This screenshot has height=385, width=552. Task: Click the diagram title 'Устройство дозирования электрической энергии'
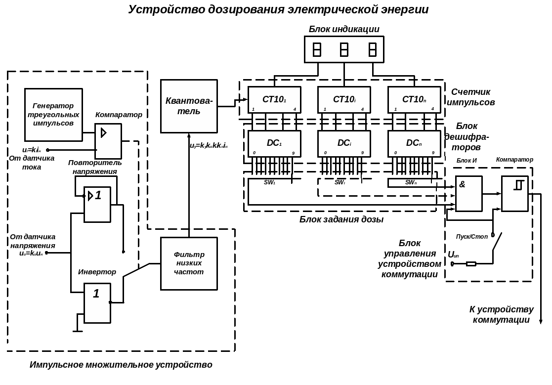pyautogui.click(x=278, y=9)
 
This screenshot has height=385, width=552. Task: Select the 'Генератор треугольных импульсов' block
pyautogui.click(x=53, y=115)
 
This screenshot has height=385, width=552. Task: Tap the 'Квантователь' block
pyautogui.click(x=189, y=106)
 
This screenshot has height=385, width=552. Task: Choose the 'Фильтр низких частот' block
pyautogui.click(x=189, y=263)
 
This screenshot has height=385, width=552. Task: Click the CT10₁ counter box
pyautogui.click(x=274, y=100)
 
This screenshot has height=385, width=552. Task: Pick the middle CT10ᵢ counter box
pyautogui.click(x=344, y=100)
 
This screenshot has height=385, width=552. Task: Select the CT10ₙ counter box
pyautogui.click(x=414, y=100)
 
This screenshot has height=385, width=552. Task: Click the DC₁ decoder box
pyautogui.click(x=274, y=143)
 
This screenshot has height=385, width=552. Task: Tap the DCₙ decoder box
pyautogui.click(x=414, y=143)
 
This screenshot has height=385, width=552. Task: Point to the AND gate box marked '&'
pyautogui.click(x=468, y=194)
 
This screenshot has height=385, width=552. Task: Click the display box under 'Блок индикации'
pyautogui.click(x=344, y=49)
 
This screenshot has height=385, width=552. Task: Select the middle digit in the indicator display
pyautogui.click(x=344, y=49)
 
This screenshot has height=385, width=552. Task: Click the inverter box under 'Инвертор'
pyautogui.click(x=97, y=303)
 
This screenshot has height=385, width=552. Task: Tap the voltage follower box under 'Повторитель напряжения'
pyautogui.click(x=97, y=205)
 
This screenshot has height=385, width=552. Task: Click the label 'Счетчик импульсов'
pyautogui.click(x=470, y=97)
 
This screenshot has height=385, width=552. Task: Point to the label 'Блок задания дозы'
pyautogui.click(x=341, y=219)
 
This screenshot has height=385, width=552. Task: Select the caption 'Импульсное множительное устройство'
pyautogui.click(x=121, y=365)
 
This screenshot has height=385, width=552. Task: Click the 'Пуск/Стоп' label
pyautogui.click(x=471, y=237)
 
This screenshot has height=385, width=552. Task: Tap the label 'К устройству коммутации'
pyautogui.click(x=501, y=314)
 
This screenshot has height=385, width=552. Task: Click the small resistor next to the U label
pyautogui.click(x=471, y=264)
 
